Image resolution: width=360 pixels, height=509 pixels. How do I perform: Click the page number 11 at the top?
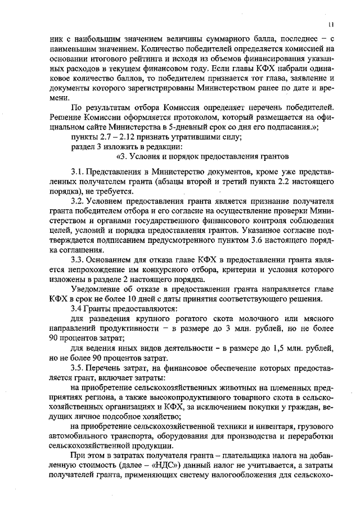[331, 24]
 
